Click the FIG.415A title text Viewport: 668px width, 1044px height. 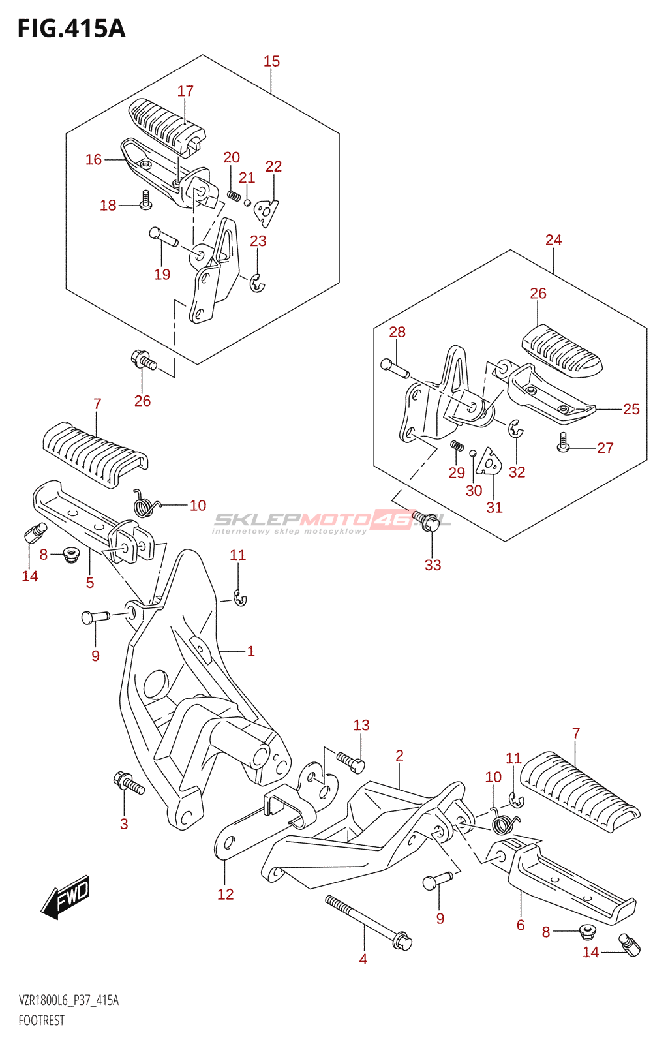pyautogui.click(x=71, y=29)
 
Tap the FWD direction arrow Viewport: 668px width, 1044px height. pyautogui.click(x=66, y=897)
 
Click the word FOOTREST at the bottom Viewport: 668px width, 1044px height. pyautogui.click(x=42, y=1021)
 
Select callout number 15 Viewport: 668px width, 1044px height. pyautogui.click(x=271, y=61)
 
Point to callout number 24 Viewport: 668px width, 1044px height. pyautogui.click(x=553, y=240)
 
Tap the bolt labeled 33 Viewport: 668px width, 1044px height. pyautogui.click(x=425, y=520)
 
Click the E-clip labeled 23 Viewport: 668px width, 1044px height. pyautogui.click(x=258, y=283)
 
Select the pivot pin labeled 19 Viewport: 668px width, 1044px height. pyautogui.click(x=163, y=236)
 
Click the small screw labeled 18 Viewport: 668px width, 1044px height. pyautogui.click(x=145, y=199)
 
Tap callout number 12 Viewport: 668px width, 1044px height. pyautogui.click(x=225, y=894)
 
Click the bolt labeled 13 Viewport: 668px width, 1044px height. pyautogui.click(x=351, y=761)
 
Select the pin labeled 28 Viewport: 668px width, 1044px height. pyautogui.click(x=394, y=368)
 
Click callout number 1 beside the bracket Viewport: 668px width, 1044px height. pyautogui.click(x=250, y=651)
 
